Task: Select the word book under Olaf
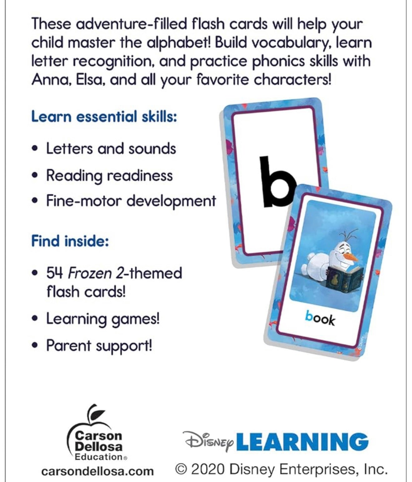point(320,318)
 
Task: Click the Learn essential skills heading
point(104,117)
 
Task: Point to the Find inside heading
point(70,241)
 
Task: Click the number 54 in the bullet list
point(55,273)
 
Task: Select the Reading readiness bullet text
point(109,175)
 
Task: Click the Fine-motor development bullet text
point(131,201)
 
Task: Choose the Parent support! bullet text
point(99,346)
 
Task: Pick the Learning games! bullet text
point(103,319)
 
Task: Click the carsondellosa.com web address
point(97,471)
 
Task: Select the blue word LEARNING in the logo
point(302,442)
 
